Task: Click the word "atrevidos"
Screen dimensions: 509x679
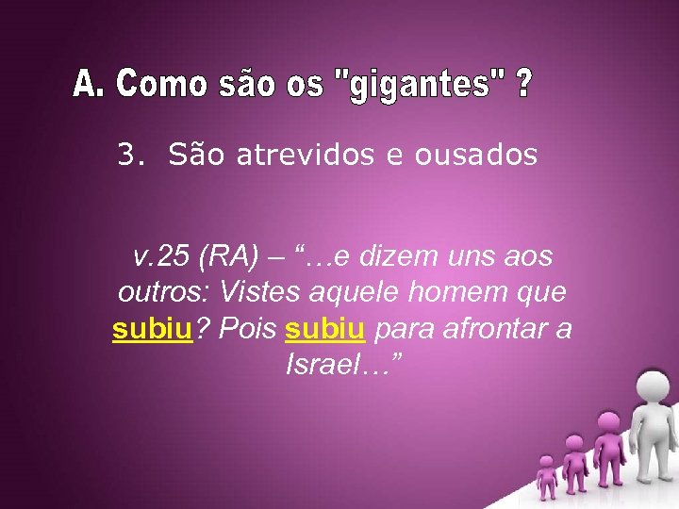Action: [315, 155]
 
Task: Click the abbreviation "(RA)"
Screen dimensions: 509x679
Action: [224, 255]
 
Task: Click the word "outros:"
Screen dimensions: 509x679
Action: [158, 292]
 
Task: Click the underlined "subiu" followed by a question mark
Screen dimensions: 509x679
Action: [152, 329]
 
